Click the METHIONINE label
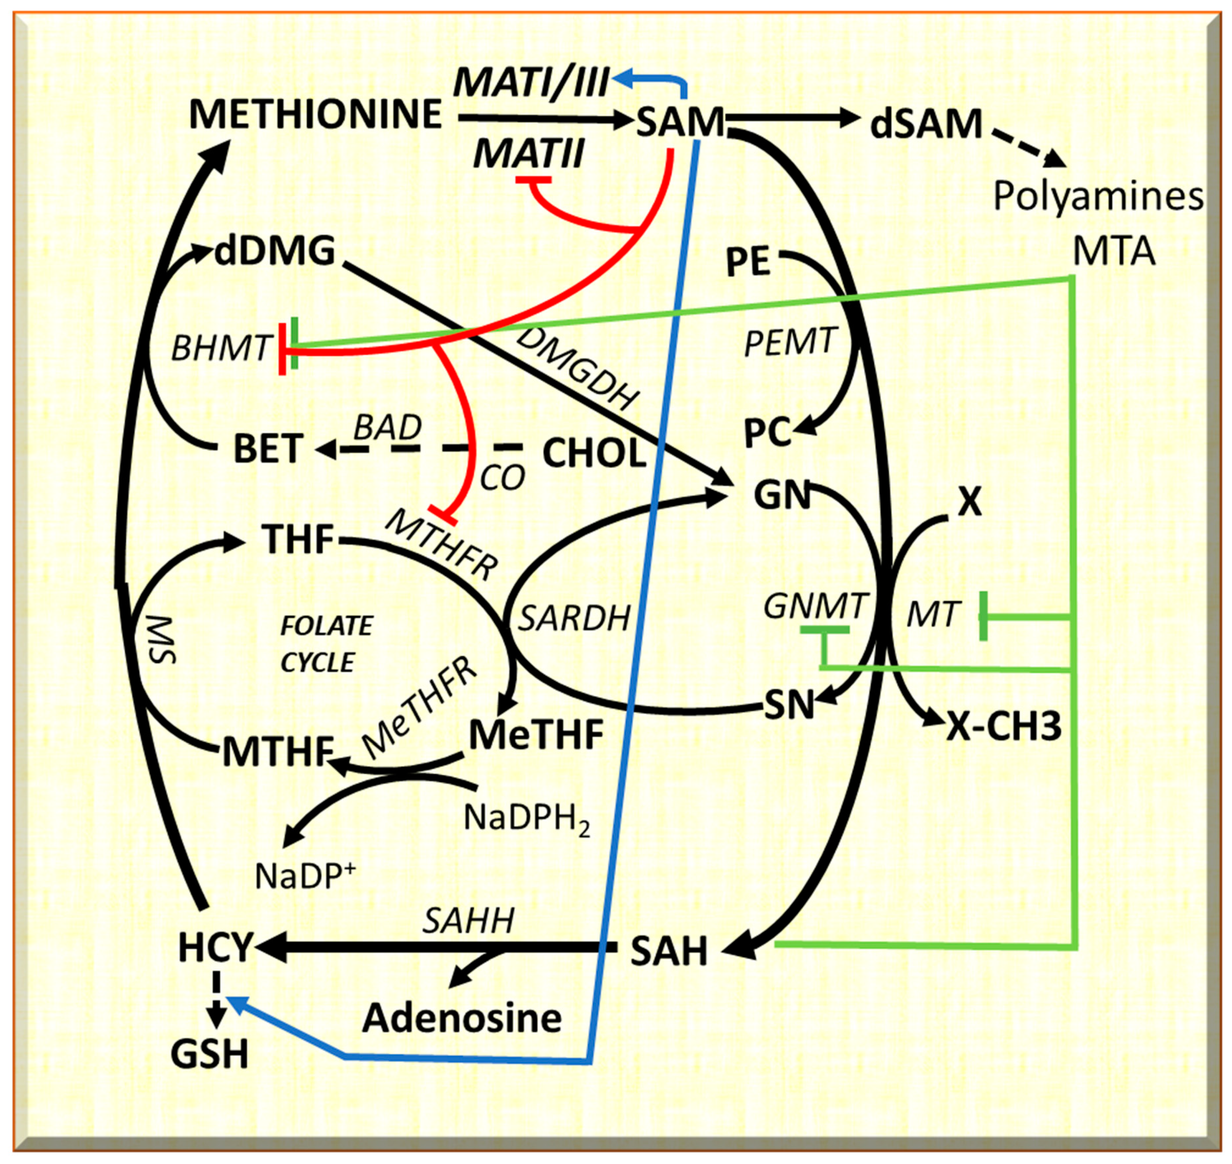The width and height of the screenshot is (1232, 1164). [x=315, y=115]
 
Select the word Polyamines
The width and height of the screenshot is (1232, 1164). [x=1098, y=197]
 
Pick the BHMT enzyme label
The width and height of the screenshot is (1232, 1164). [x=222, y=348]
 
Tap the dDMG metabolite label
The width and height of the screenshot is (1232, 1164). [x=274, y=251]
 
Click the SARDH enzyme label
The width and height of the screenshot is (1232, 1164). [x=574, y=619]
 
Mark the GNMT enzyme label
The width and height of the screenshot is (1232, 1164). [x=814, y=606]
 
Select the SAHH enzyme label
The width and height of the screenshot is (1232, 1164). [x=469, y=921]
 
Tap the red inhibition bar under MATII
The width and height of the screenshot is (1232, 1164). [x=533, y=179]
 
